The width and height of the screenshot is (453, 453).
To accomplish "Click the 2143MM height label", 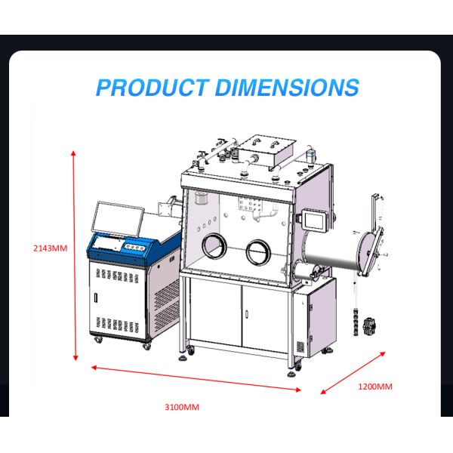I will (51, 248).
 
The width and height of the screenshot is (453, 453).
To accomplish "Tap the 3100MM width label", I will (182, 408).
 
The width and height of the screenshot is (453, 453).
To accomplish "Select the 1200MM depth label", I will (374, 387).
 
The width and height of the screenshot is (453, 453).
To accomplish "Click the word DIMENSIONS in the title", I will (287, 87).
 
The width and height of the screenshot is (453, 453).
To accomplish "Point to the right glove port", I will (257, 251).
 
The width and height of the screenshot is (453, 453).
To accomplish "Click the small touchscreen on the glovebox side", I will (313, 217).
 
